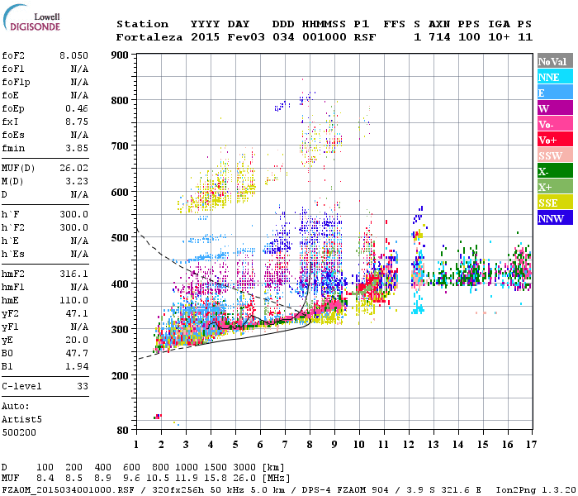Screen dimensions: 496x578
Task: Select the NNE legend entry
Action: [549, 77]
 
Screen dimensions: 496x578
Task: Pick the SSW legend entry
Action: [550, 155]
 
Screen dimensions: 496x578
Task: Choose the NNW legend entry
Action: [551, 218]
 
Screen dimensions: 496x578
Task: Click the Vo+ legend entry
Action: [548, 140]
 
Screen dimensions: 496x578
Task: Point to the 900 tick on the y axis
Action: [120, 55]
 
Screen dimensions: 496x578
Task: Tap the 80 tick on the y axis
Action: [122, 430]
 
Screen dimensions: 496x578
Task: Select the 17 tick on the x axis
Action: [529, 444]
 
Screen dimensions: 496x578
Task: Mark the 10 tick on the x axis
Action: [358, 444]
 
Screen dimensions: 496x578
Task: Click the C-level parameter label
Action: [22, 385]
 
